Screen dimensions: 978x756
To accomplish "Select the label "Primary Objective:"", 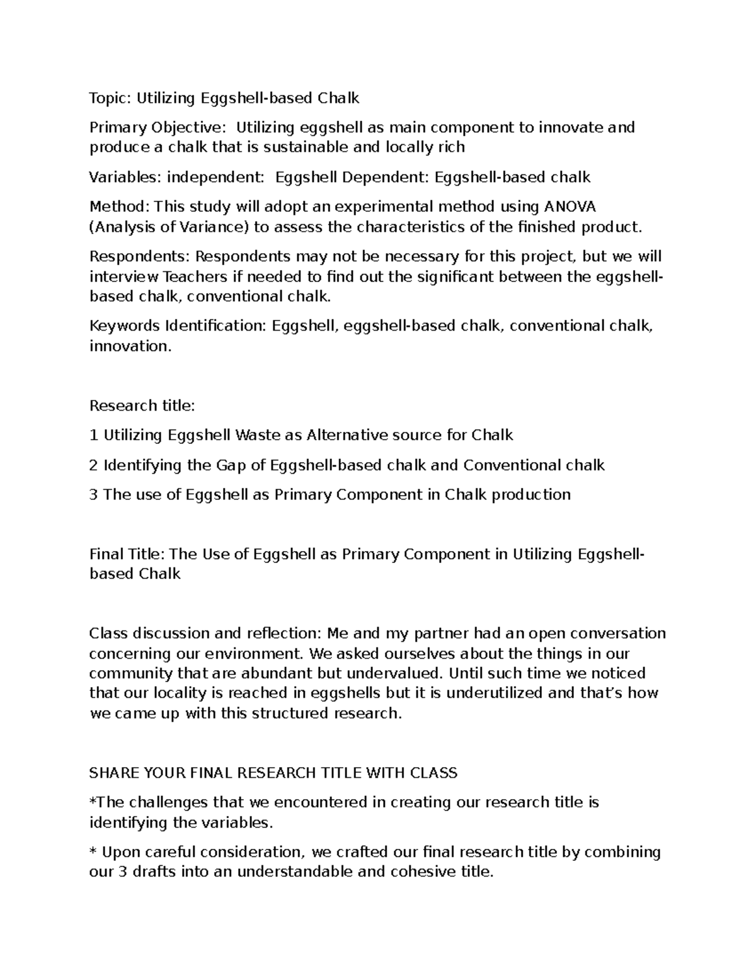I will click(157, 128).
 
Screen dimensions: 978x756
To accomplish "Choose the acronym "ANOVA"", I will click(570, 207).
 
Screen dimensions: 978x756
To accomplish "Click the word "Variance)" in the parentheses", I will click(214, 227).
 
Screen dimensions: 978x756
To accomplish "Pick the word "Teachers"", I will click(197, 277).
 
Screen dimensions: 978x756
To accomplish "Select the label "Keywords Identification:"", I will click(178, 326).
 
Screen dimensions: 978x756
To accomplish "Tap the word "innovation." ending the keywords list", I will click(130, 346).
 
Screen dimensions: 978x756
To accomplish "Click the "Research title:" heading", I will click(142, 406).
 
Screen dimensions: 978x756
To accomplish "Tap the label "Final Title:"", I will click(127, 554).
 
